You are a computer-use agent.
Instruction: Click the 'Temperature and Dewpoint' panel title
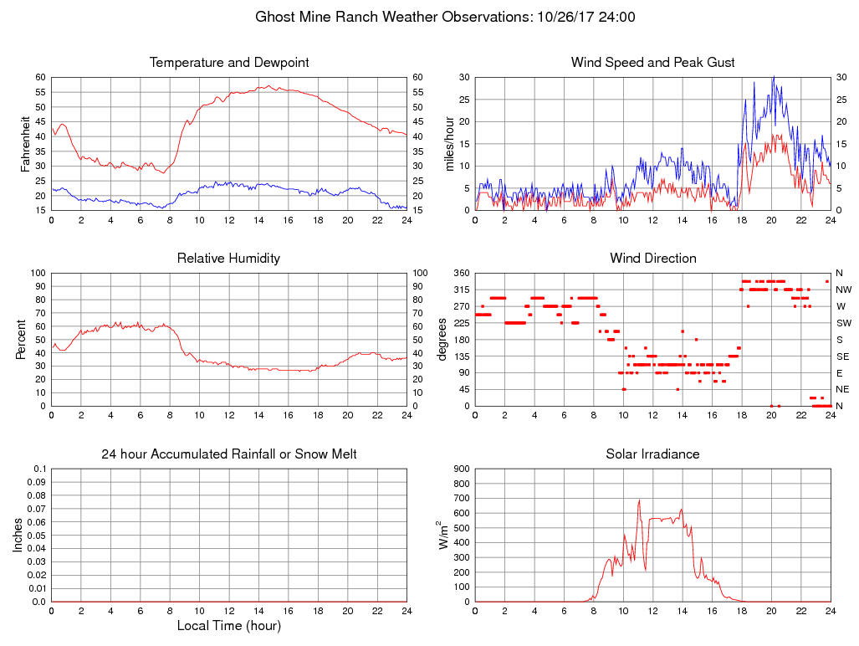tap(229, 63)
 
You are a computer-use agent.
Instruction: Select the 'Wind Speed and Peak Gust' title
tap(652, 63)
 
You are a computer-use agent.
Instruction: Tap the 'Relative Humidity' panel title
tap(228, 259)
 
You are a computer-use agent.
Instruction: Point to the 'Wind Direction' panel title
tap(652, 259)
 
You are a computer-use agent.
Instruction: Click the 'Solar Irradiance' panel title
tap(652, 454)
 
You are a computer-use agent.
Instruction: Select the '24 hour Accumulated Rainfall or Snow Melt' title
tap(229, 454)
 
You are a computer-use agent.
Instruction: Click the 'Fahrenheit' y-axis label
tap(26, 144)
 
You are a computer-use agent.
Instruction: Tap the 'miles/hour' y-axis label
tap(449, 144)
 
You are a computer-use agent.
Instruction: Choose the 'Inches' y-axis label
tap(18, 536)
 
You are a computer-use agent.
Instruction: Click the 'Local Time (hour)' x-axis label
tap(229, 625)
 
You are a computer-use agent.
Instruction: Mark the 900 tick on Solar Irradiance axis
tap(461, 469)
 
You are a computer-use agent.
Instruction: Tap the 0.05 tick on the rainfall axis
tap(37, 536)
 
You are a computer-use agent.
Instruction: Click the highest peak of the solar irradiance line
tap(639, 500)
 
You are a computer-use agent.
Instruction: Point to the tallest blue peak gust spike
tap(773, 78)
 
